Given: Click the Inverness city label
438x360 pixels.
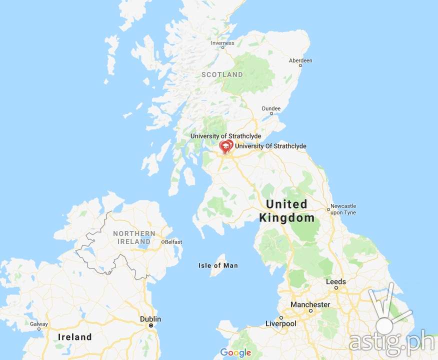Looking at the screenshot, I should coord(222,43).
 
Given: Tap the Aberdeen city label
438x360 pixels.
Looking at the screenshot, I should coord(300,60).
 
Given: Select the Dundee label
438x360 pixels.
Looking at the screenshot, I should coord(271,108).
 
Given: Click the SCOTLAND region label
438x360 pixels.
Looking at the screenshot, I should coord(222,74).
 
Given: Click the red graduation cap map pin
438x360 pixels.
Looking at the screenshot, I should coord(225,146).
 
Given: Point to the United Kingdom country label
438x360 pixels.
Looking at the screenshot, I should coord(287,211).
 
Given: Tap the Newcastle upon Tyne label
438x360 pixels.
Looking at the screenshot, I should coord(343,209).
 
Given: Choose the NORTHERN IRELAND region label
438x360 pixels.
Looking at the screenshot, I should coord(134,237).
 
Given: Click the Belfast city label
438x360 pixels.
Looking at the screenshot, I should coord(173,242).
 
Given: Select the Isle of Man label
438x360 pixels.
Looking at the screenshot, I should coord(218,265).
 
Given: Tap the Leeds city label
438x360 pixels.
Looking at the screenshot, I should coord(335,282).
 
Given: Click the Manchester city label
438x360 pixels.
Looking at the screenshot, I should coord(310,304).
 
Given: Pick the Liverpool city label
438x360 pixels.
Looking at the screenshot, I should coord(280,323).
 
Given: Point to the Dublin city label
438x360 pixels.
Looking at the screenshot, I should coord(150,319).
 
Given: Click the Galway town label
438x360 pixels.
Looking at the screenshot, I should coord(39,324).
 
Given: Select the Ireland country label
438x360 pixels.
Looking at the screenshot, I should coord(75,337).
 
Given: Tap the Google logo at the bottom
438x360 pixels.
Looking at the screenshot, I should coord(235,353).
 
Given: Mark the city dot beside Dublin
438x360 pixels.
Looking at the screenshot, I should coord(150,325).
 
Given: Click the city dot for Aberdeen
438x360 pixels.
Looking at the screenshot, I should coord(300,65).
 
